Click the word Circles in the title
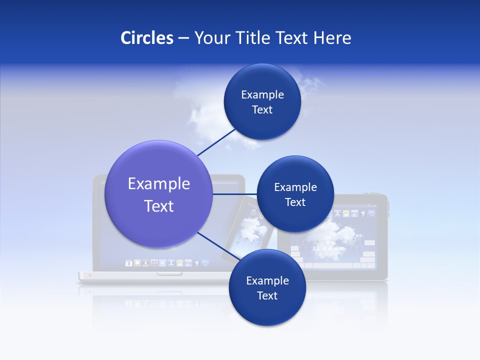147,38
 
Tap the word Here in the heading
332,38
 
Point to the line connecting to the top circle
216,142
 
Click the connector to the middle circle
235,194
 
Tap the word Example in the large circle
159,184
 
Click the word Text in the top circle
262,110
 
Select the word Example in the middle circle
295,187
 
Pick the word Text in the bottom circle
267,296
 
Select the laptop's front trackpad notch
169,273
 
